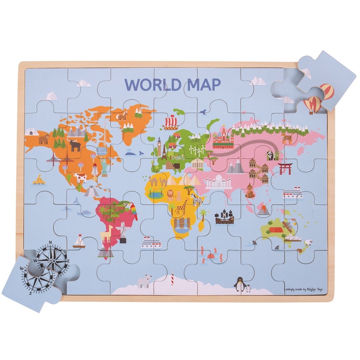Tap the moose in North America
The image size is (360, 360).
click(74, 145)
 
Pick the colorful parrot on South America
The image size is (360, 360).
click(134, 209)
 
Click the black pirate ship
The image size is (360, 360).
click(224, 217)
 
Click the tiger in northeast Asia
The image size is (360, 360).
click(287, 139)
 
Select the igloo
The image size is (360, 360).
click(31, 132)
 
